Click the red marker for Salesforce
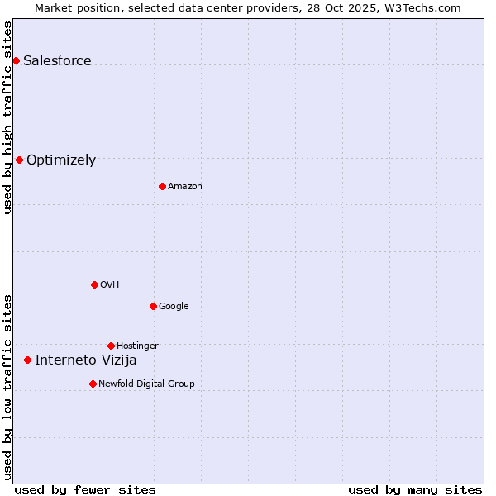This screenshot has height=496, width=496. tap(16, 60)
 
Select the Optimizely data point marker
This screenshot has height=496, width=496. tap(19, 160)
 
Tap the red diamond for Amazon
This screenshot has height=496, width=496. tap(162, 186)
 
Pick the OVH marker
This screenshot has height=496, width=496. tap(94, 284)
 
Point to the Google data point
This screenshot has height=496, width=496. tap(153, 306)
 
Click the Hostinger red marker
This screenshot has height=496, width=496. tap(111, 346)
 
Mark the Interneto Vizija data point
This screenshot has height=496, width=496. tap(27, 360)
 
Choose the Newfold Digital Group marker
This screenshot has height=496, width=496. tap(93, 384)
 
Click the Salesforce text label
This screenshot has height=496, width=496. tap(57, 60)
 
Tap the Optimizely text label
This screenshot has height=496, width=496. tap(61, 160)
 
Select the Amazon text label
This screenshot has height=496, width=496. tap(185, 187)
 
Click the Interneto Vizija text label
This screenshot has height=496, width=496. tap(86, 360)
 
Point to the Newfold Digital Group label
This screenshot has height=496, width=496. tap(146, 384)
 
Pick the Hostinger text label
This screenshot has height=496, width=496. tap(137, 346)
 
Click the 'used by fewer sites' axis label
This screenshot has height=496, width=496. tap(85, 489)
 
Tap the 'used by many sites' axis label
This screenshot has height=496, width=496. tap(415, 489)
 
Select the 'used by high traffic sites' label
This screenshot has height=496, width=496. tap(7, 117)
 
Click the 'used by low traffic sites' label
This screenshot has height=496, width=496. tap(7, 386)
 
